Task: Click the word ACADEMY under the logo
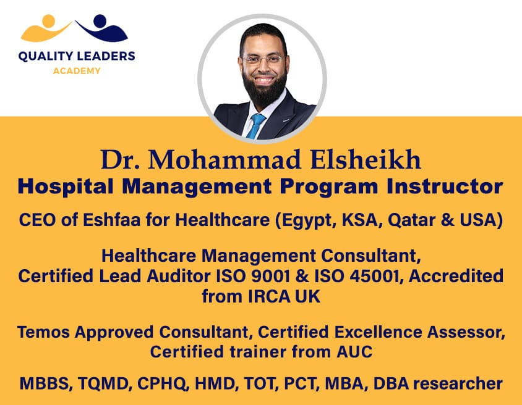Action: click(x=77, y=71)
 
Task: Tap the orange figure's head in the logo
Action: click(x=49, y=20)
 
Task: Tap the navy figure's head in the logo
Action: click(x=100, y=20)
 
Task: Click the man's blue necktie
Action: click(x=255, y=126)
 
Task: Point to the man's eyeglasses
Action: click(x=263, y=59)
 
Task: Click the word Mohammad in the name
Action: click(x=225, y=160)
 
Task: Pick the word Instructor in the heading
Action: click(x=445, y=186)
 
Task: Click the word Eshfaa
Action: click(x=111, y=220)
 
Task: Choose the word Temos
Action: click(x=43, y=332)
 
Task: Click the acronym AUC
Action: click(x=354, y=351)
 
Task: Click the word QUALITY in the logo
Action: click(x=46, y=56)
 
